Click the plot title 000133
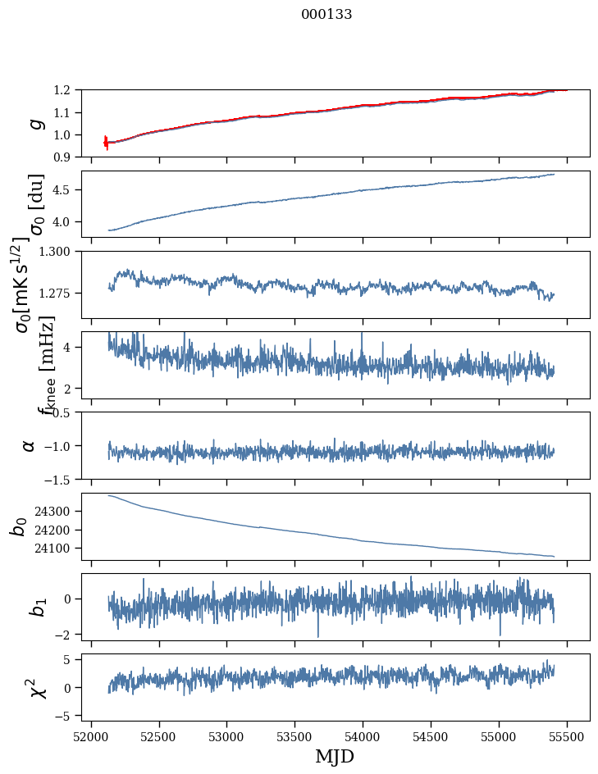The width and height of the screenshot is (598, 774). (x=326, y=15)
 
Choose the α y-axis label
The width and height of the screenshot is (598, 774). (x=30, y=445)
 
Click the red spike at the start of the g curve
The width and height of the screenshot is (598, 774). (x=106, y=143)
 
